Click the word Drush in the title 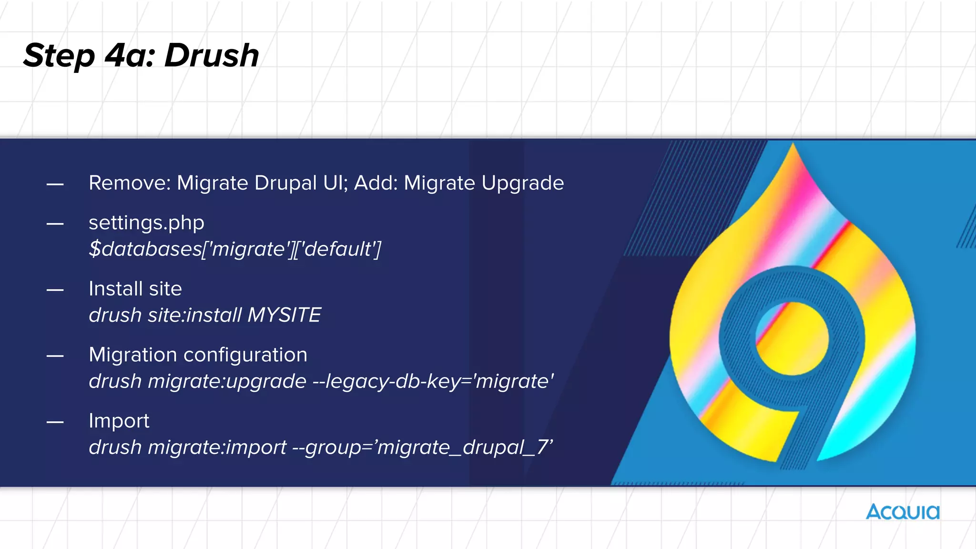tap(212, 56)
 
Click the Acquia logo tap(903, 512)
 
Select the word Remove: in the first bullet tap(130, 183)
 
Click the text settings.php tap(146, 223)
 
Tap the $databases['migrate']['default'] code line tap(235, 249)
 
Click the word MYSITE tap(284, 315)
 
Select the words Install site tap(135, 289)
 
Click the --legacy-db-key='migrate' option tap(433, 381)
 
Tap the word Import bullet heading tap(119, 421)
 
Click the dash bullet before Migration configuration tap(55, 356)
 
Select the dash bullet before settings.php tap(55, 224)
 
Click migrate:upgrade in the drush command tap(227, 381)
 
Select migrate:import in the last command tap(217, 447)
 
